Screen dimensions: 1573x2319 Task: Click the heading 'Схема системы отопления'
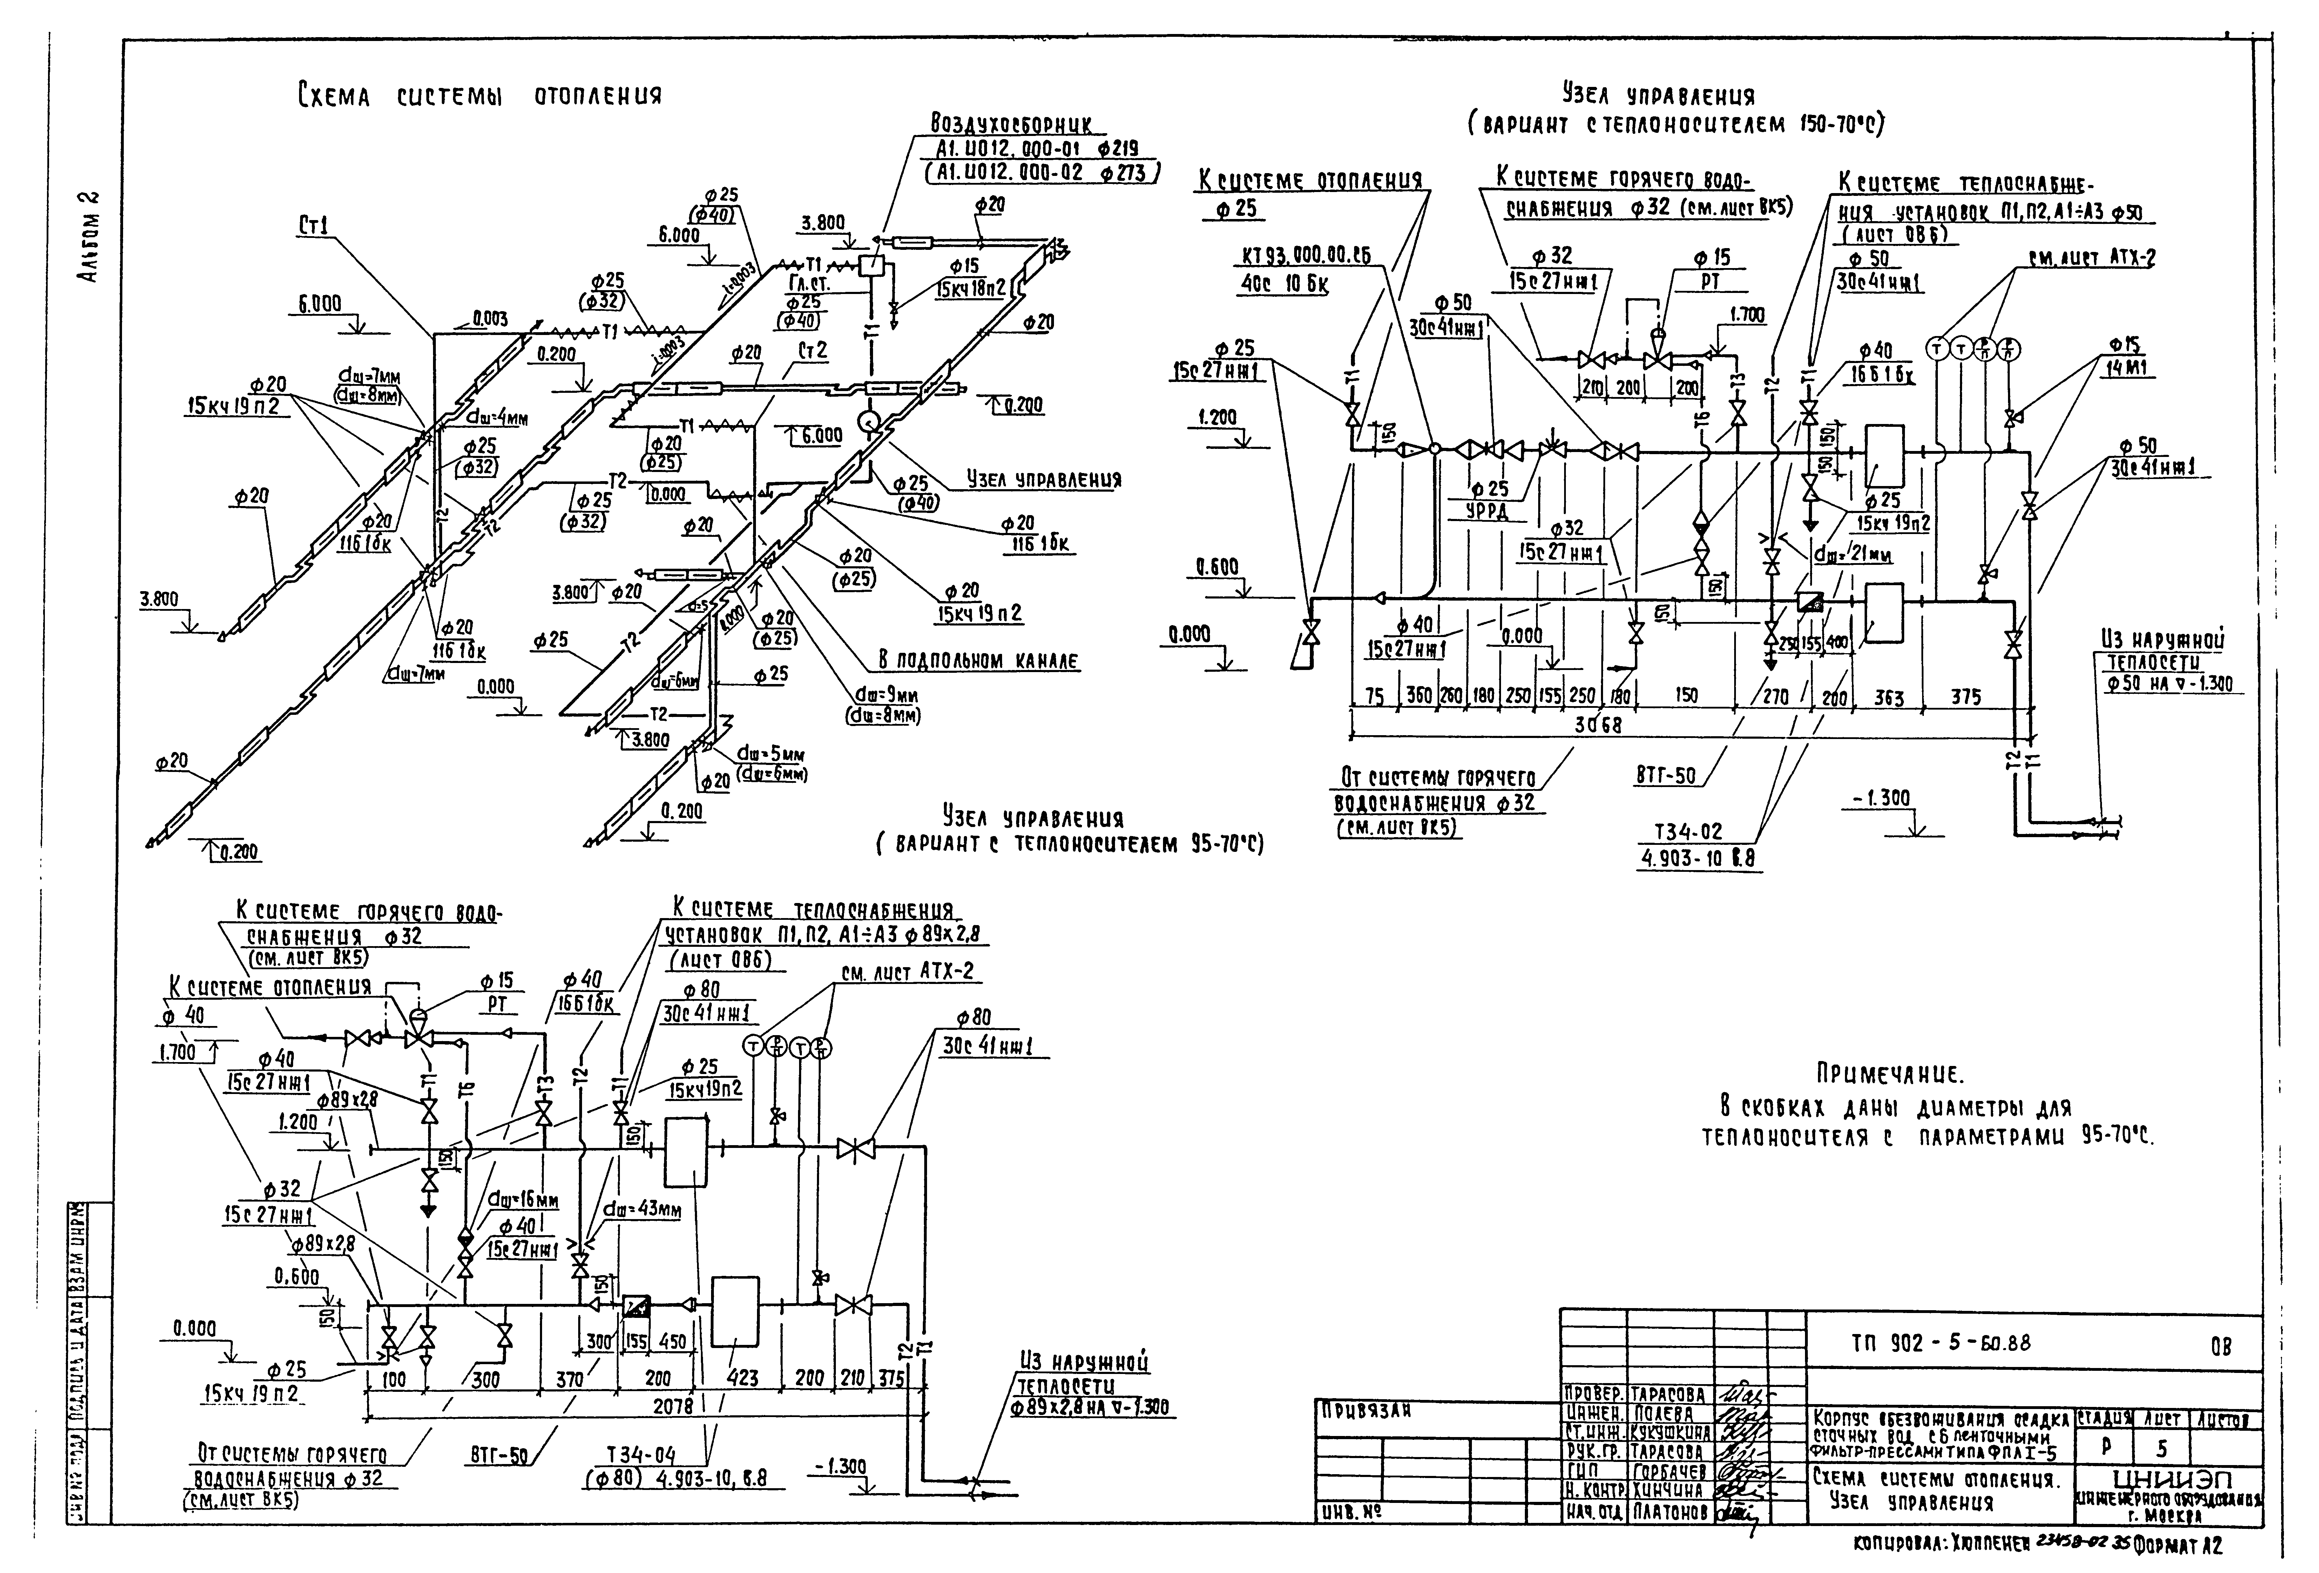point(479,97)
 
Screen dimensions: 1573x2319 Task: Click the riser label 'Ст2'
point(812,351)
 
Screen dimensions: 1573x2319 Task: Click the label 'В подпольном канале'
point(978,660)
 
